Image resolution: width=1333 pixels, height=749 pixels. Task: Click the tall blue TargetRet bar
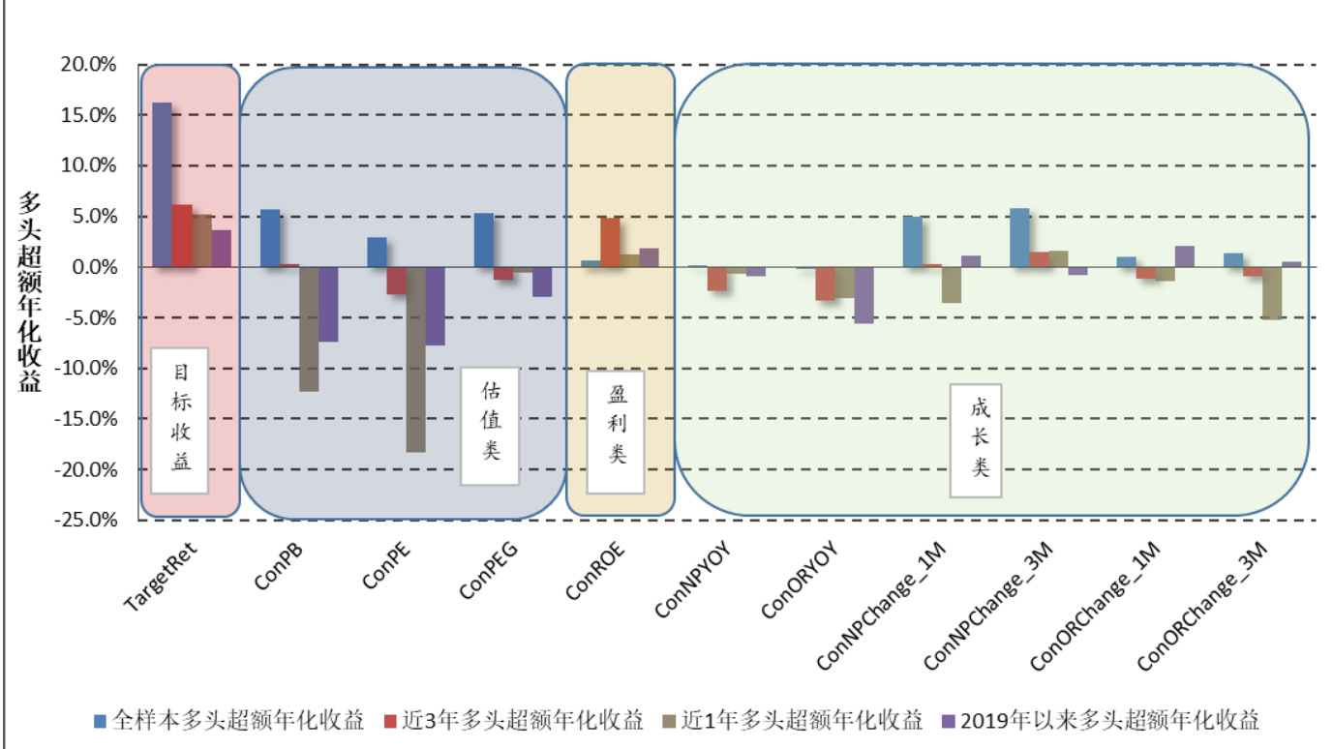coord(162,184)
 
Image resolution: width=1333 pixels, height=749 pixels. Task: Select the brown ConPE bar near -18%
coord(415,359)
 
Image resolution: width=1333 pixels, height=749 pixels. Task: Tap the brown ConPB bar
coord(308,328)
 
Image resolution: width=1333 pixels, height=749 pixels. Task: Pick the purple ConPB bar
coord(328,304)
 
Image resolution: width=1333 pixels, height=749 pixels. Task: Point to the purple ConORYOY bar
coord(863,294)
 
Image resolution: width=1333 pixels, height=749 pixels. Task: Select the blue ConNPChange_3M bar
coord(1019,237)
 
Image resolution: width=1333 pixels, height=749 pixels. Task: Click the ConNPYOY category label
coord(692,583)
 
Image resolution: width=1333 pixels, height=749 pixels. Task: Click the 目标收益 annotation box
coord(180,420)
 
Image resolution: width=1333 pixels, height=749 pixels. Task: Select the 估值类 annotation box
coord(490,426)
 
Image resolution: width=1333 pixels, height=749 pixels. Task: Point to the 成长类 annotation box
coord(976,440)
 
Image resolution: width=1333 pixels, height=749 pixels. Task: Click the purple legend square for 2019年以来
coord(947,721)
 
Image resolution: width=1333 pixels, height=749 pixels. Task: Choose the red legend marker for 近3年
coord(390,721)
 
